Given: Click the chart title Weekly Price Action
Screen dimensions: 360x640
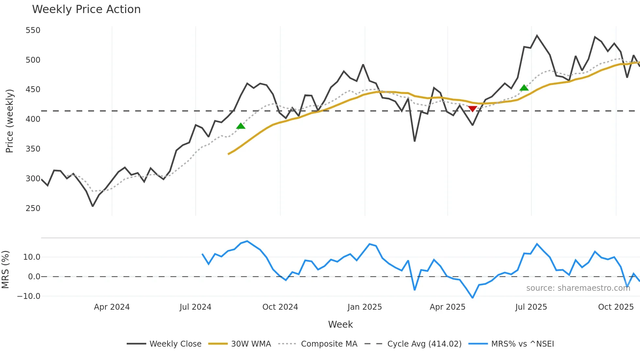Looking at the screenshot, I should pos(86,9).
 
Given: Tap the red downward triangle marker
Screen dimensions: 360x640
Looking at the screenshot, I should pos(472,109).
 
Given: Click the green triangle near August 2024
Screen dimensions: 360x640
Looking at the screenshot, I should pos(241,126).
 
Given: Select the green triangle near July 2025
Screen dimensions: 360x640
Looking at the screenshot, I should pos(524,88).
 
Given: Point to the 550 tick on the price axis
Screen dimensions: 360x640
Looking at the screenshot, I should pos(33,30).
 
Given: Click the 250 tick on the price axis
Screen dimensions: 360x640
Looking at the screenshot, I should pos(33,208).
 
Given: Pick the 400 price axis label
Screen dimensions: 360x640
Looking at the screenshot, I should pos(33,119).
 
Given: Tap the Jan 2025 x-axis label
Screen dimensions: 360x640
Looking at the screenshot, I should pos(364,307).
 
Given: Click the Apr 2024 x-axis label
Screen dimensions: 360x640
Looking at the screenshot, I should pos(112,307).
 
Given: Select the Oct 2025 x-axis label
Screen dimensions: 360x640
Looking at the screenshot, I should pos(616,307).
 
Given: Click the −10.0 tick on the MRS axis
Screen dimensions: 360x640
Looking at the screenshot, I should pos(29,296).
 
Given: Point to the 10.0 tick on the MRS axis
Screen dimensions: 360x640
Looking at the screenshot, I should pos(32,257).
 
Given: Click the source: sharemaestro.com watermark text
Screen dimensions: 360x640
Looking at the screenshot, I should pos(578,288).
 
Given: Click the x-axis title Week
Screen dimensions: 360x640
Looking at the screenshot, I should pos(340,324).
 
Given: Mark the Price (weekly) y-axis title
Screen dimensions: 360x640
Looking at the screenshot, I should pos(9,121).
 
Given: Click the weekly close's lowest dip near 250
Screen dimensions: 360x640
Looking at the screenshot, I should pos(93,206).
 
